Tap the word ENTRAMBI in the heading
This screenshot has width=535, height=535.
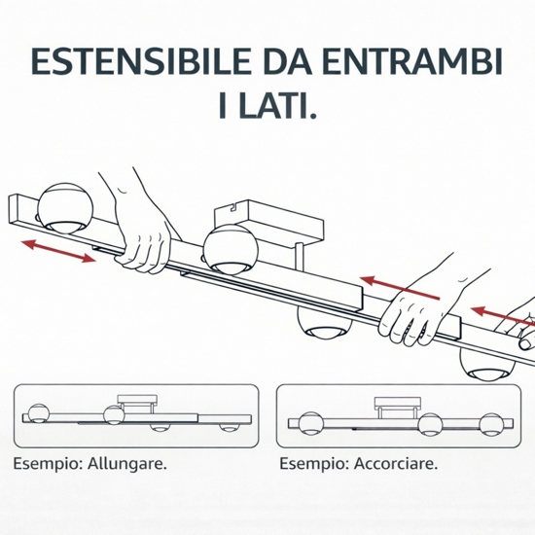click(411, 61)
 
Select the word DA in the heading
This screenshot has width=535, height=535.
click(287, 61)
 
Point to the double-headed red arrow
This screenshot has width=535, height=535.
click(58, 251)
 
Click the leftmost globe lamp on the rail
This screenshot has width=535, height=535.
click(65, 208)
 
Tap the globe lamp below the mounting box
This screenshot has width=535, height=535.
click(231, 249)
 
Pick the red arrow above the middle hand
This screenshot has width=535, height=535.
click(399, 288)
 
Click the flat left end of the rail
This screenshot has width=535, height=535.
click(13, 209)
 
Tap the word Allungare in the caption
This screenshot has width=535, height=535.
click(127, 463)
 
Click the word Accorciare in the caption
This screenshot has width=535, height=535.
click(396, 463)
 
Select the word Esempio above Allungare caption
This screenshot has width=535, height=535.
click(48, 464)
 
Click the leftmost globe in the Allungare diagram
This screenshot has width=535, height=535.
click(39, 413)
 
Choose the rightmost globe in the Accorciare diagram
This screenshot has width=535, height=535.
click(491, 424)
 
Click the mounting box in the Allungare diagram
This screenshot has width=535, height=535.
click(137, 404)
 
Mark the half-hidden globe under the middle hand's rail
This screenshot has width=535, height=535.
click(324, 324)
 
